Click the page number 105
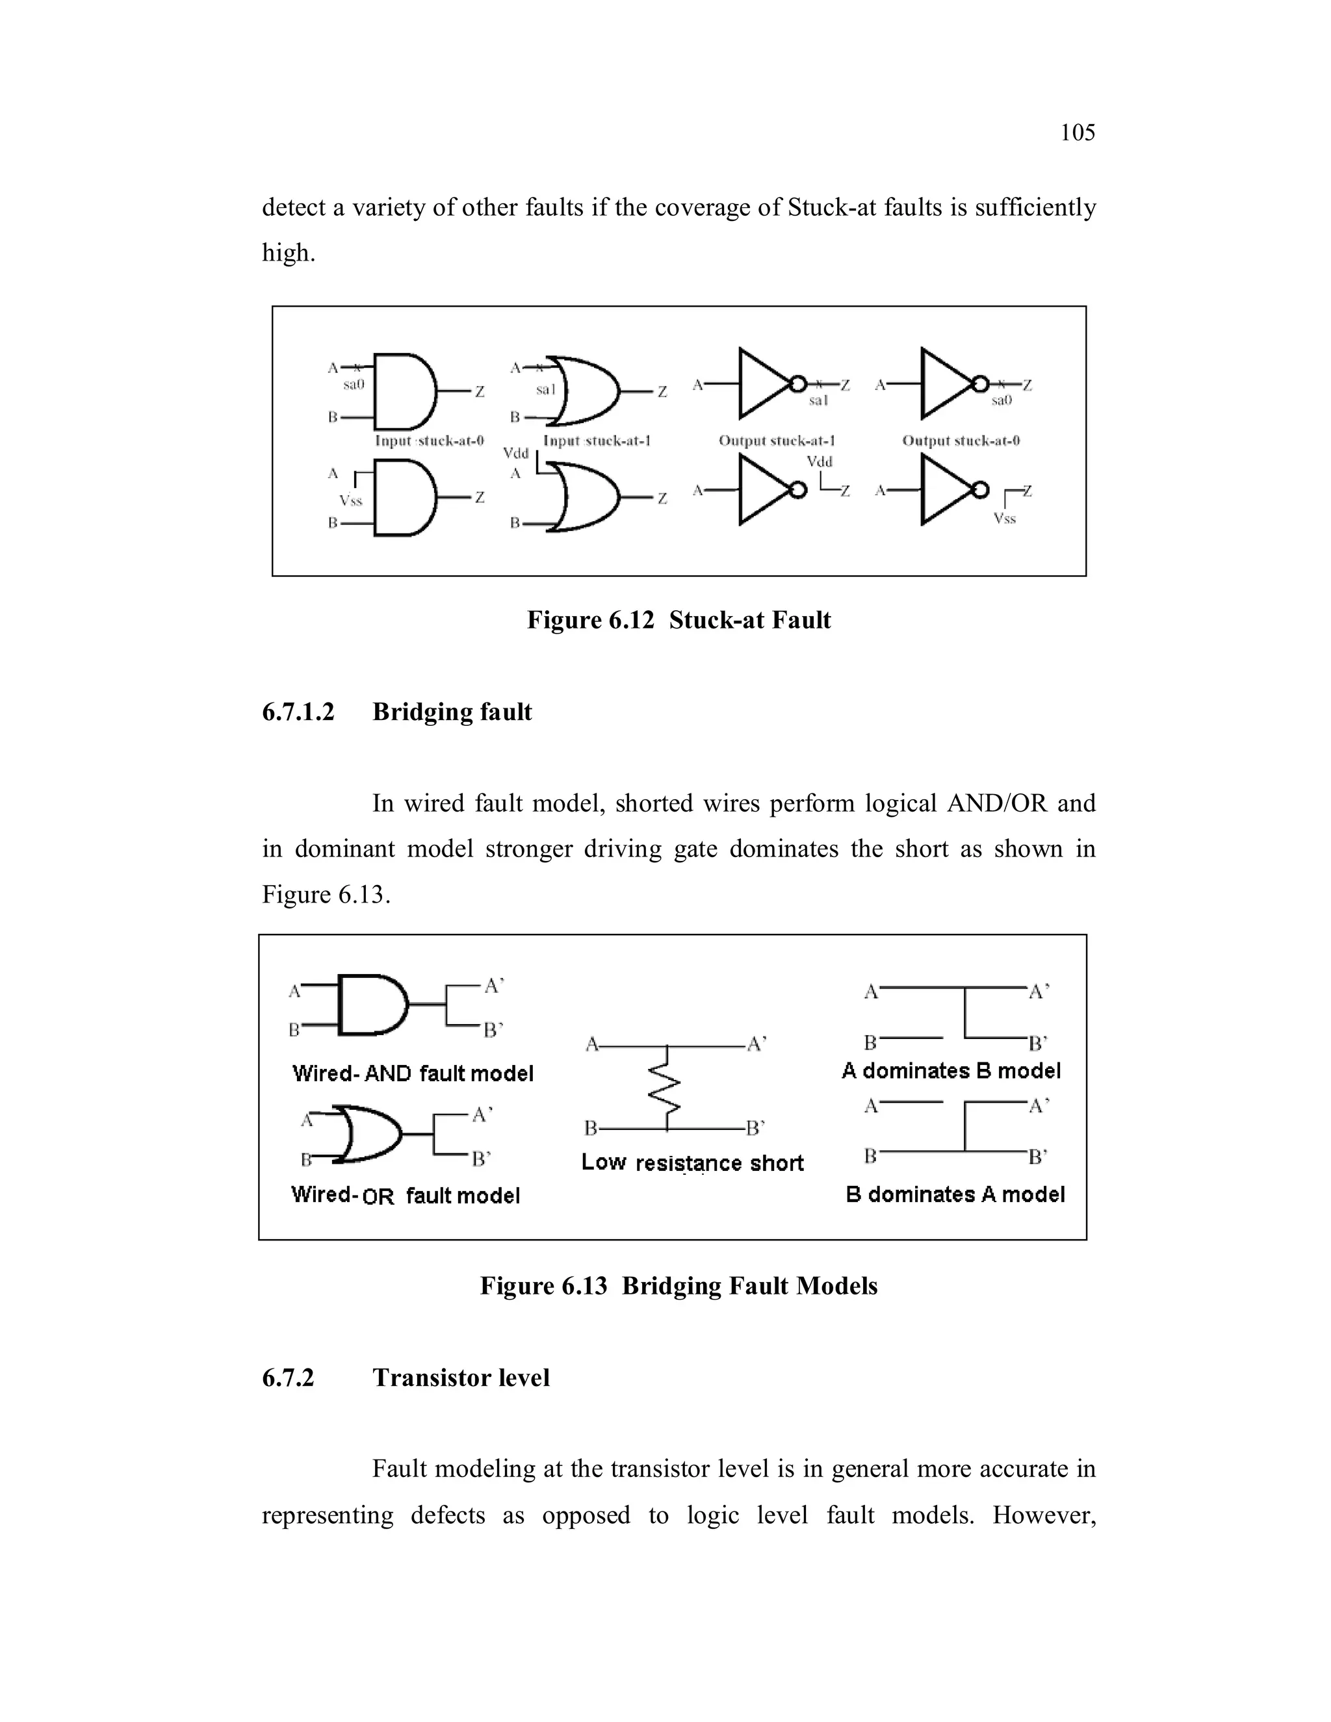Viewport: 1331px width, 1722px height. point(1077,133)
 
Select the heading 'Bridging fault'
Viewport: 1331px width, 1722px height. point(452,712)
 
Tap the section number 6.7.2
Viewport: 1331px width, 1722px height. point(288,1378)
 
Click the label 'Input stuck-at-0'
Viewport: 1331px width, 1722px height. point(429,441)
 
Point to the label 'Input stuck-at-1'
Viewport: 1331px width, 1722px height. point(596,441)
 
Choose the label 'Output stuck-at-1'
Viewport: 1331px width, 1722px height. point(777,441)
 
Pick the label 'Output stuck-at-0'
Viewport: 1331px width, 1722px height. point(961,441)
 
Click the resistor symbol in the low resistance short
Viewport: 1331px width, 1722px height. point(667,1086)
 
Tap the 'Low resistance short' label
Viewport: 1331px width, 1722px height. point(692,1163)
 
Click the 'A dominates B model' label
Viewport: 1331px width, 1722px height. point(951,1071)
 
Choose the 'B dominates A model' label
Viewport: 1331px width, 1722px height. point(954,1194)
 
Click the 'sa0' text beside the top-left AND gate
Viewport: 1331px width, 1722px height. point(354,385)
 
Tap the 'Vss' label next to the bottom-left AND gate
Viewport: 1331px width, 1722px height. point(350,500)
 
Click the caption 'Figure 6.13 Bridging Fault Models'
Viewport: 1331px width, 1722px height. point(678,1286)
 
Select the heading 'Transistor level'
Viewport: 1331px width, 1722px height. point(461,1378)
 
